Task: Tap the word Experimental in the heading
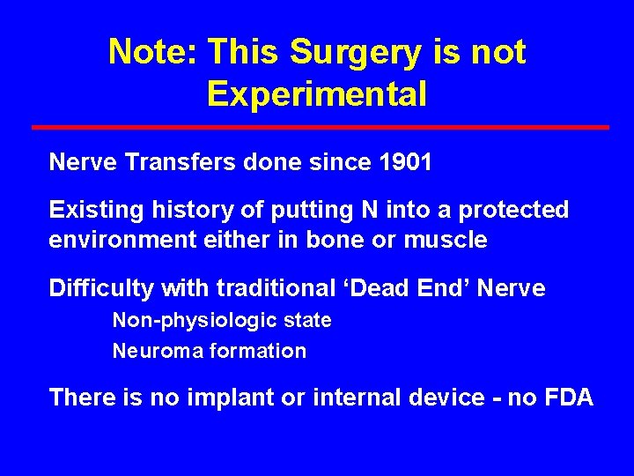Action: point(317,93)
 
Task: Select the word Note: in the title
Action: point(152,53)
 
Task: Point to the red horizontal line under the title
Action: point(320,127)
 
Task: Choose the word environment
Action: point(111,240)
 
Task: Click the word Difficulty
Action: point(92,288)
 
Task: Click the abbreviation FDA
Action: point(570,398)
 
